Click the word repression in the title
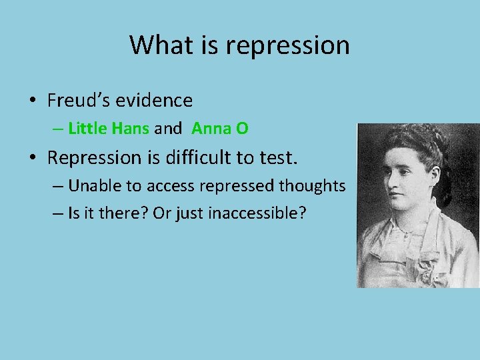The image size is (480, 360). [287, 45]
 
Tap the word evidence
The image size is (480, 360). [154, 101]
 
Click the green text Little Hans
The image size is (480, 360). [108, 128]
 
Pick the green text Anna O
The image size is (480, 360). [220, 128]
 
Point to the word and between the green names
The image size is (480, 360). [167, 128]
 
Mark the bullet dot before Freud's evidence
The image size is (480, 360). [32, 101]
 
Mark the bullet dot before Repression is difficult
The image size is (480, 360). [32, 158]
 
